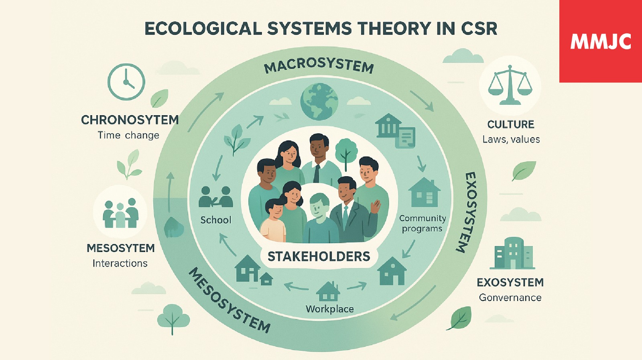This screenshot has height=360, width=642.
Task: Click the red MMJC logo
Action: pos(601,41)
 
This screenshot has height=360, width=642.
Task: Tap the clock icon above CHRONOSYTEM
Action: pos(126,82)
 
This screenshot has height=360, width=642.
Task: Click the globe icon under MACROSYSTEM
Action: pos(319,102)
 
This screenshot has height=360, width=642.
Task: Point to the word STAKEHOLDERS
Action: pos(319,256)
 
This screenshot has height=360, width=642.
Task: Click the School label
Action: pos(216,220)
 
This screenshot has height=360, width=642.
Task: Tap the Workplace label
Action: pos(329,309)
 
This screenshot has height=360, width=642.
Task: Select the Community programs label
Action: pos(422,224)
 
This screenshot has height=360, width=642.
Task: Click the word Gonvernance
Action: pos(510,297)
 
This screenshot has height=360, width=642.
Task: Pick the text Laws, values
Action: pos(511,139)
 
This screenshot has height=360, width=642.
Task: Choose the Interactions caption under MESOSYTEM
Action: pos(120,263)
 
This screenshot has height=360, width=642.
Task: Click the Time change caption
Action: pos(128,135)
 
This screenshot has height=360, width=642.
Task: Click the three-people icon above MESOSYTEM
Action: pos(120,212)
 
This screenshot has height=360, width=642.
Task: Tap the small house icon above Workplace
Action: pos(328,291)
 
